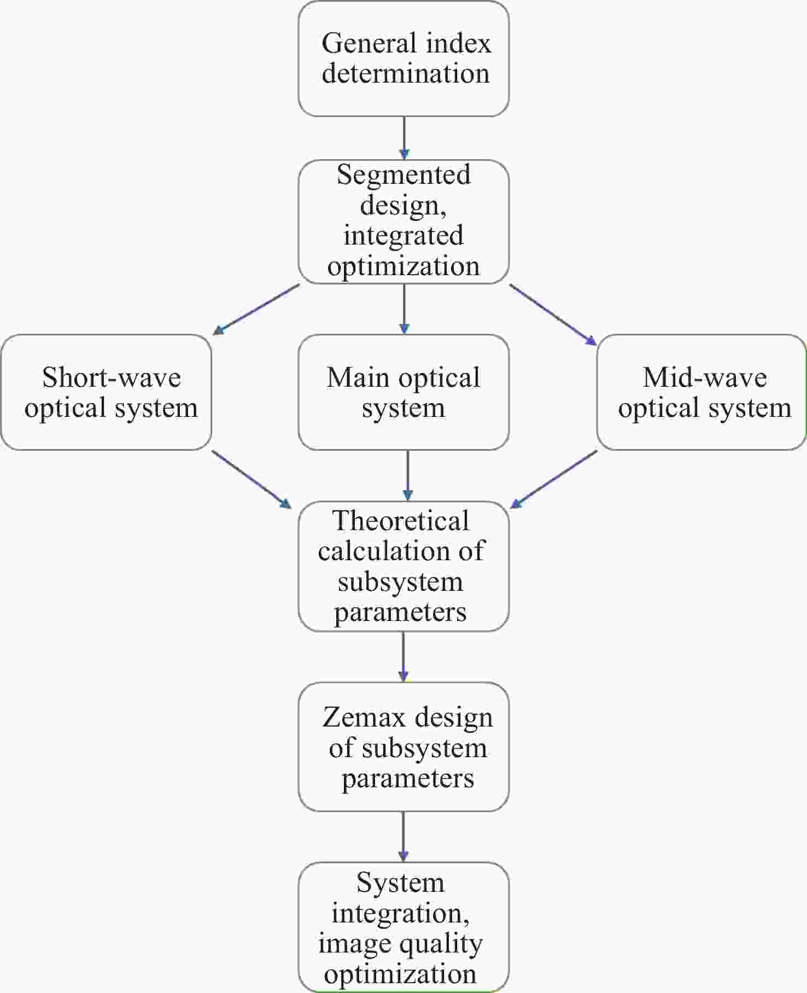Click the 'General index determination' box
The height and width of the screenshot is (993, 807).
pyautogui.click(x=403, y=59)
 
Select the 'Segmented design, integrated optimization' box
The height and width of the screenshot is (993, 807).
pyautogui.click(x=403, y=222)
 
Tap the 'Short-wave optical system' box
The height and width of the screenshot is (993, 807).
pyautogui.click(x=106, y=392)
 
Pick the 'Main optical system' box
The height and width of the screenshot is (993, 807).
pyautogui.click(x=403, y=392)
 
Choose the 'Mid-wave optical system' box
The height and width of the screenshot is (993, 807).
pyautogui.click(x=701, y=392)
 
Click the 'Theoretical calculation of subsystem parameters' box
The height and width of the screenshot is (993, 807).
pyautogui.click(x=403, y=566)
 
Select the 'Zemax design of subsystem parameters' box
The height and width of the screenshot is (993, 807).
pyautogui.click(x=403, y=747)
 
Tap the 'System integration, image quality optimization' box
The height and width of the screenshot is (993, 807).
pyautogui.click(x=403, y=927)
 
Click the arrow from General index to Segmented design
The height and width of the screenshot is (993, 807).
pyautogui.click(x=404, y=138)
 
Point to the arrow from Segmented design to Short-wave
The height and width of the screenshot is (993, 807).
pyautogui.click(x=256, y=309)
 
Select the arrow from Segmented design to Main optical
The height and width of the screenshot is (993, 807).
pyautogui.click(x=404, y=309)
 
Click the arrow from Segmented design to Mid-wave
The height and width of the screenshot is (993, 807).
pyautogui.click(x=553, y=315)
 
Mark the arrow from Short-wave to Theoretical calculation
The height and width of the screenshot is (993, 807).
pyautogui.click(x=252, y=479)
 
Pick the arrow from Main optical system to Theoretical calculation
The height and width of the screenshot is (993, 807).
pyautogui.click(x=408, y=475)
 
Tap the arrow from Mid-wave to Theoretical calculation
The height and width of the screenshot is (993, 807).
pyautogui.click(x=553, y=479)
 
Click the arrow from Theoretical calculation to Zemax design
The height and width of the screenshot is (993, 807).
pyautogui.click(x=403, y=657)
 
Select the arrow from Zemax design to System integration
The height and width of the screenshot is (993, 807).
pyautogui.click(x=403, y=837)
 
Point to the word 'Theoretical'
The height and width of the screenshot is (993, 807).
pyautogui.click(x=401, y=520)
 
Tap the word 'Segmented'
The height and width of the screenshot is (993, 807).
pyautogui.click(x=403, y=175)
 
